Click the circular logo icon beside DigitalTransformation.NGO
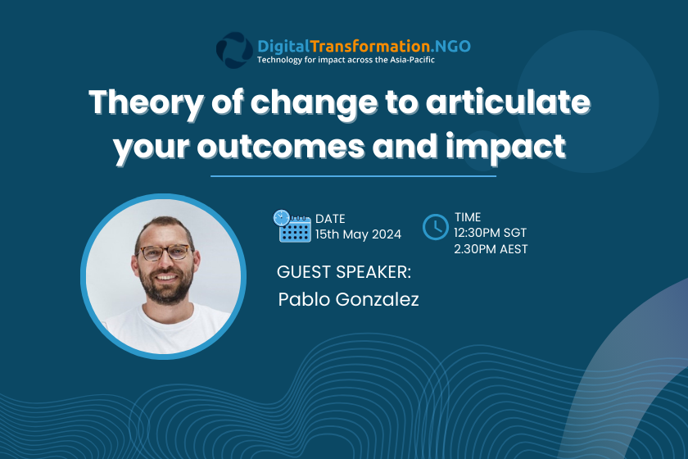pyautogui.click(x=234, y=50)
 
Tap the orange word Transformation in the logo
pyautogui.click(x=370, y=46)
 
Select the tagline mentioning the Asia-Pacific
pyautogui.click(x=346, y=60)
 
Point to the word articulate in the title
pyautogui.click(x=508, y=102)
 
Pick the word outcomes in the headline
pyautogui.click(x=281, y=146)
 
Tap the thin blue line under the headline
pyautogui.click(x=353, y=176)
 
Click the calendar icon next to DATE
pyautogui.click(x=292, y=225)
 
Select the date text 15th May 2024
pyautogui.click(x=358, y=234)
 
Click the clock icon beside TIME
pyautogui.click(x=435, y=227)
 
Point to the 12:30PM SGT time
pyautogui.click(x=490, y=233)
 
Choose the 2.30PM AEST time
pyautogui.click(x=491, y=249)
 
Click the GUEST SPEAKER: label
pyautogui.click(x=344, y=272)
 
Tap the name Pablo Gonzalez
pyautogui.click(x=348, y=299)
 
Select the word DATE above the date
pyautogui.click(x=330, y=219)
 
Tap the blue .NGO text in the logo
pyautogui.click(x=450, y=46)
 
